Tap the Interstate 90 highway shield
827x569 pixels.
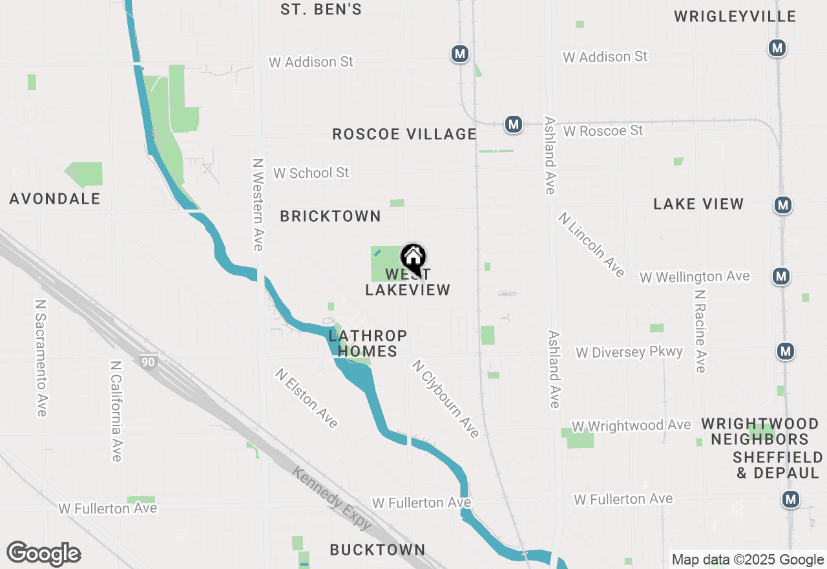[x=149, y=361]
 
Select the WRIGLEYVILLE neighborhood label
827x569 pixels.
[x=735, y=17]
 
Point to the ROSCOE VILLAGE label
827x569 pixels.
[x=404, y=134]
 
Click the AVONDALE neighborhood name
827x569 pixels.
[x=55, y=199]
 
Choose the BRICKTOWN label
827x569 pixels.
[x=330, y=217]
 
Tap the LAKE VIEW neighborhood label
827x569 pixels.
[x=698, y=204]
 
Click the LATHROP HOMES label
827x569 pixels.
[x=368, y=343]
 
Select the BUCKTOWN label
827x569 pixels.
[x=377, y=550]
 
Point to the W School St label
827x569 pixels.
[x=311, y=173]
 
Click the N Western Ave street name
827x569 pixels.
[x=258, y=204]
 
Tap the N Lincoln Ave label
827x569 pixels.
[x=591, y=244]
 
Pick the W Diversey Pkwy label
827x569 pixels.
[x=629, y=352]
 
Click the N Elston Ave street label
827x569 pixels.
[x=306, y=398]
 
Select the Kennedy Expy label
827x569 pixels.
[x=331, y=498]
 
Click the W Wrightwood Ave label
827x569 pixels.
[x=631, y=425]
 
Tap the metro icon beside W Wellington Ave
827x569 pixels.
[x=782, y=276]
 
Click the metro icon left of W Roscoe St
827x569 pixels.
[x=514, y=123]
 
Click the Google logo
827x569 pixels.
[x=43, y=554]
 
